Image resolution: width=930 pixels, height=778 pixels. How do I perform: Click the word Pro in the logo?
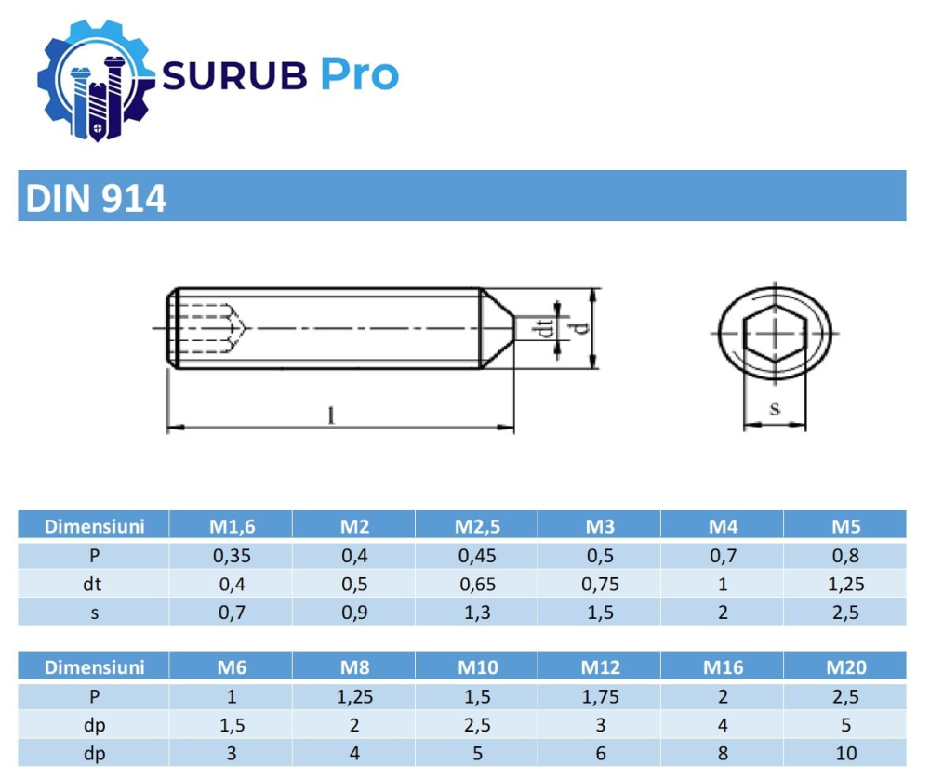point(359,74)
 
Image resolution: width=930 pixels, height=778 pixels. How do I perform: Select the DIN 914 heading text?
point(97,198)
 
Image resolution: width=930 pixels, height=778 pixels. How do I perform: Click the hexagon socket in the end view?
point(774,333)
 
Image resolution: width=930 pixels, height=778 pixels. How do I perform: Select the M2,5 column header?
point(477,526)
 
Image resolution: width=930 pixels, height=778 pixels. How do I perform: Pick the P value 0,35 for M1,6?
point(231,557)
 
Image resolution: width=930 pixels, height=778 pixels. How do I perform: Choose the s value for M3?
point(600,613)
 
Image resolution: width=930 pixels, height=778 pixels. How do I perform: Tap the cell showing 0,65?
point(477,585)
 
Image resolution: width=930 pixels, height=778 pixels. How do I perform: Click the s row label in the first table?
point(94,613)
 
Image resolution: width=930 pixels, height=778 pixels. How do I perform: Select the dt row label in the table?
point(94,585)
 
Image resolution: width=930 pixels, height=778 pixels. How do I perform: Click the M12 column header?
point(600,667)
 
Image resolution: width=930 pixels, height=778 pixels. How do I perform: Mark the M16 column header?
point(723,667)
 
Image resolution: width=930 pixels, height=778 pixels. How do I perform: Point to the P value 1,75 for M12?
point(600,697)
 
